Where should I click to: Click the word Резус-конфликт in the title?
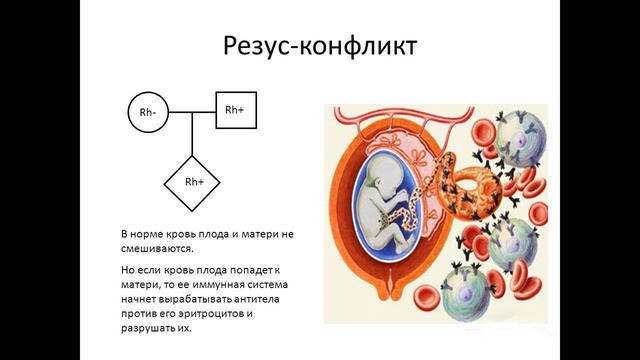(319, 46)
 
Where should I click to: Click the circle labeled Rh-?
(147, 113)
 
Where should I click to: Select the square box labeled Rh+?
(236, 109)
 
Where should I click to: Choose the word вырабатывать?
(199, 299)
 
